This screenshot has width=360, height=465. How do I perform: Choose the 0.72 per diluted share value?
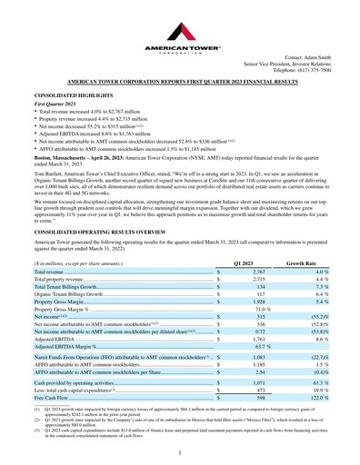[259, 335]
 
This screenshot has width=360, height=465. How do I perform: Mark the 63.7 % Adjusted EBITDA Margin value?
[262, 348]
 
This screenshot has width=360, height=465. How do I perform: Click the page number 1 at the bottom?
[180, 450]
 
